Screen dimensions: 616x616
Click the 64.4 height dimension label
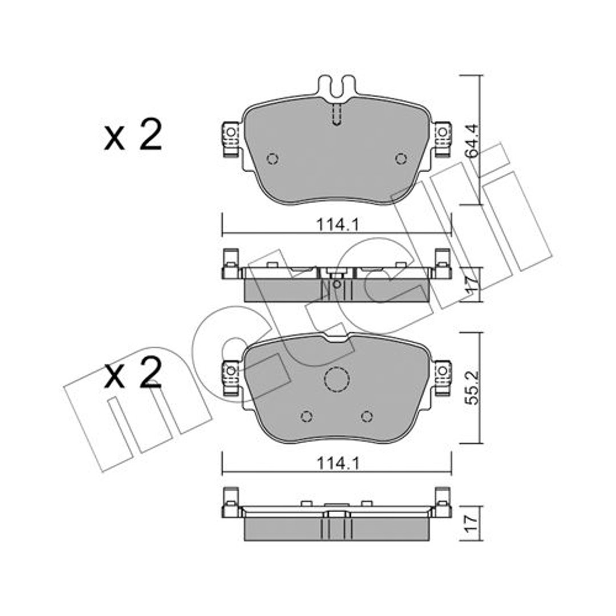point(472,140)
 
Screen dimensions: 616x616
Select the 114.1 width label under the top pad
point(338,225)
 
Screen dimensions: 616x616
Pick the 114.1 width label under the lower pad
point(338,464)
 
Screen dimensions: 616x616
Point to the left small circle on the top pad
point(272,159)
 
